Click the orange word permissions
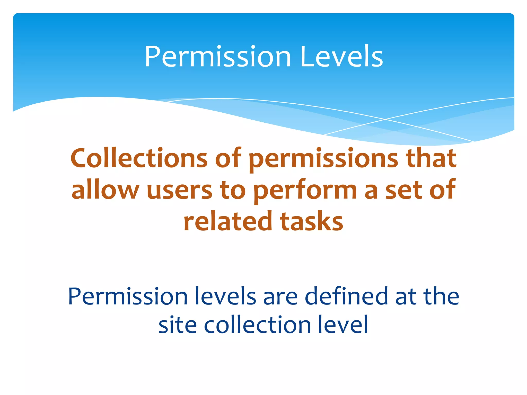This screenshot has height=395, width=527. [x=323, y=159]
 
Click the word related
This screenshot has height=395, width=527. [x=228, y=221]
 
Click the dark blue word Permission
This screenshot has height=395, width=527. [x=128, y=297]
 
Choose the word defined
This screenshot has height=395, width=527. [x=346, y=297]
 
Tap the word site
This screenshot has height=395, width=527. [x=178, y=325]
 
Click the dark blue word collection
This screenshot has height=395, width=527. [x=257, y=325]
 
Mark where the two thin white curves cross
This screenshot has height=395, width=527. [x=385, y=119]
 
